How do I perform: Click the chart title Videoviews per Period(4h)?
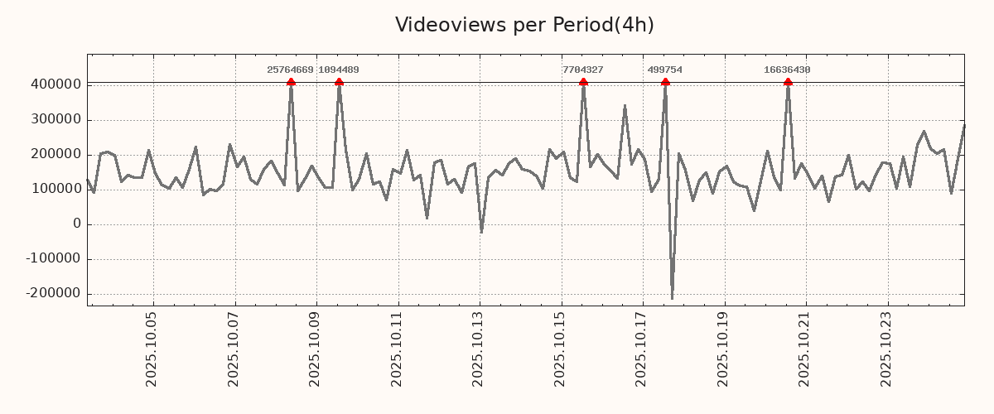pyautogui.click(x=524, y=25)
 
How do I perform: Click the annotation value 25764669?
pyautogui.click(x=290, y=70)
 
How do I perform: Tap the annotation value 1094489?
pyautogui.click(x=339, y=70)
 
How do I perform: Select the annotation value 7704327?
pyautogui.click(x=583, y=70)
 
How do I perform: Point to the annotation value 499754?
pyautogui.click(x=665, y=70)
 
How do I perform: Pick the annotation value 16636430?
pyautogui.click(x=787, y=70)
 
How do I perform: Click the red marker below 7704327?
pyautogui.click(x=583, y=82)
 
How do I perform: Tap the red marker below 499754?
pyautogui.click(x=665, y=82)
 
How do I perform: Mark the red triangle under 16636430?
pyautogui.click(x=788, y=82)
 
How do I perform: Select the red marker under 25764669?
pyautogui.click(x=291, y=82)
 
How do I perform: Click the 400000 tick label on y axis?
pyautogui.click(x=55, y=84)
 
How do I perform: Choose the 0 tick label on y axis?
pyautogui.click(x=77, y=224)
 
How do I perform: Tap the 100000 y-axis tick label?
pyautogui.click(x=55, y=189)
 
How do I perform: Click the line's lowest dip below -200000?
pyautogui.click(x=672, y=298)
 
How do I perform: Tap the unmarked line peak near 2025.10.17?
pyautogui.click(x=625, y=106)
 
